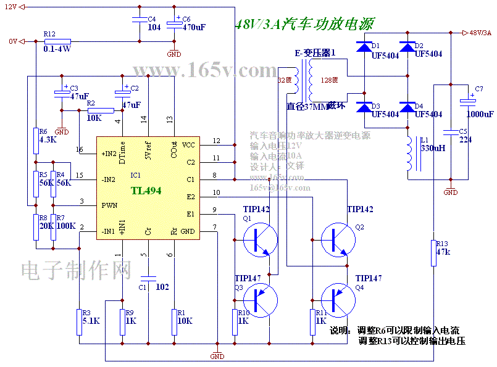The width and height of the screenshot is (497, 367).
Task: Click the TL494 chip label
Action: [x=146, y=191]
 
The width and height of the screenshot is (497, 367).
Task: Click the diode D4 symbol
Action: [x=406, y=107]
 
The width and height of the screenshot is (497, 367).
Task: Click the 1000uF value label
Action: [x=480, y=114]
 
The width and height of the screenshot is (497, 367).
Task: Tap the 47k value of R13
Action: [x=443, y=252]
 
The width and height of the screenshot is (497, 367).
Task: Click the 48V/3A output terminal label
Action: [x=480, y=33]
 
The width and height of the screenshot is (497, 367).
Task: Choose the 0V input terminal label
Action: [x=12, y=41]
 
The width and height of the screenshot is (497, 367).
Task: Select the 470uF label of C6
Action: [x=194, y=27]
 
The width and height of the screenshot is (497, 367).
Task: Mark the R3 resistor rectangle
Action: [x=80, y=321]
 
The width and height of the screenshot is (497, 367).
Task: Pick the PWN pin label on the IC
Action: [x=109, y=204]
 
